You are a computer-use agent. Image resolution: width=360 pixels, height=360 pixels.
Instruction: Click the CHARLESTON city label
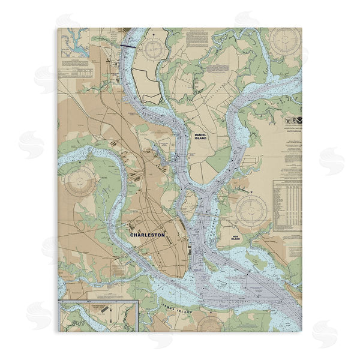coord(148,235)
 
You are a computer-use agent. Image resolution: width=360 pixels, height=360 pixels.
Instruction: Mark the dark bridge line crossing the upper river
coord(128,44)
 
